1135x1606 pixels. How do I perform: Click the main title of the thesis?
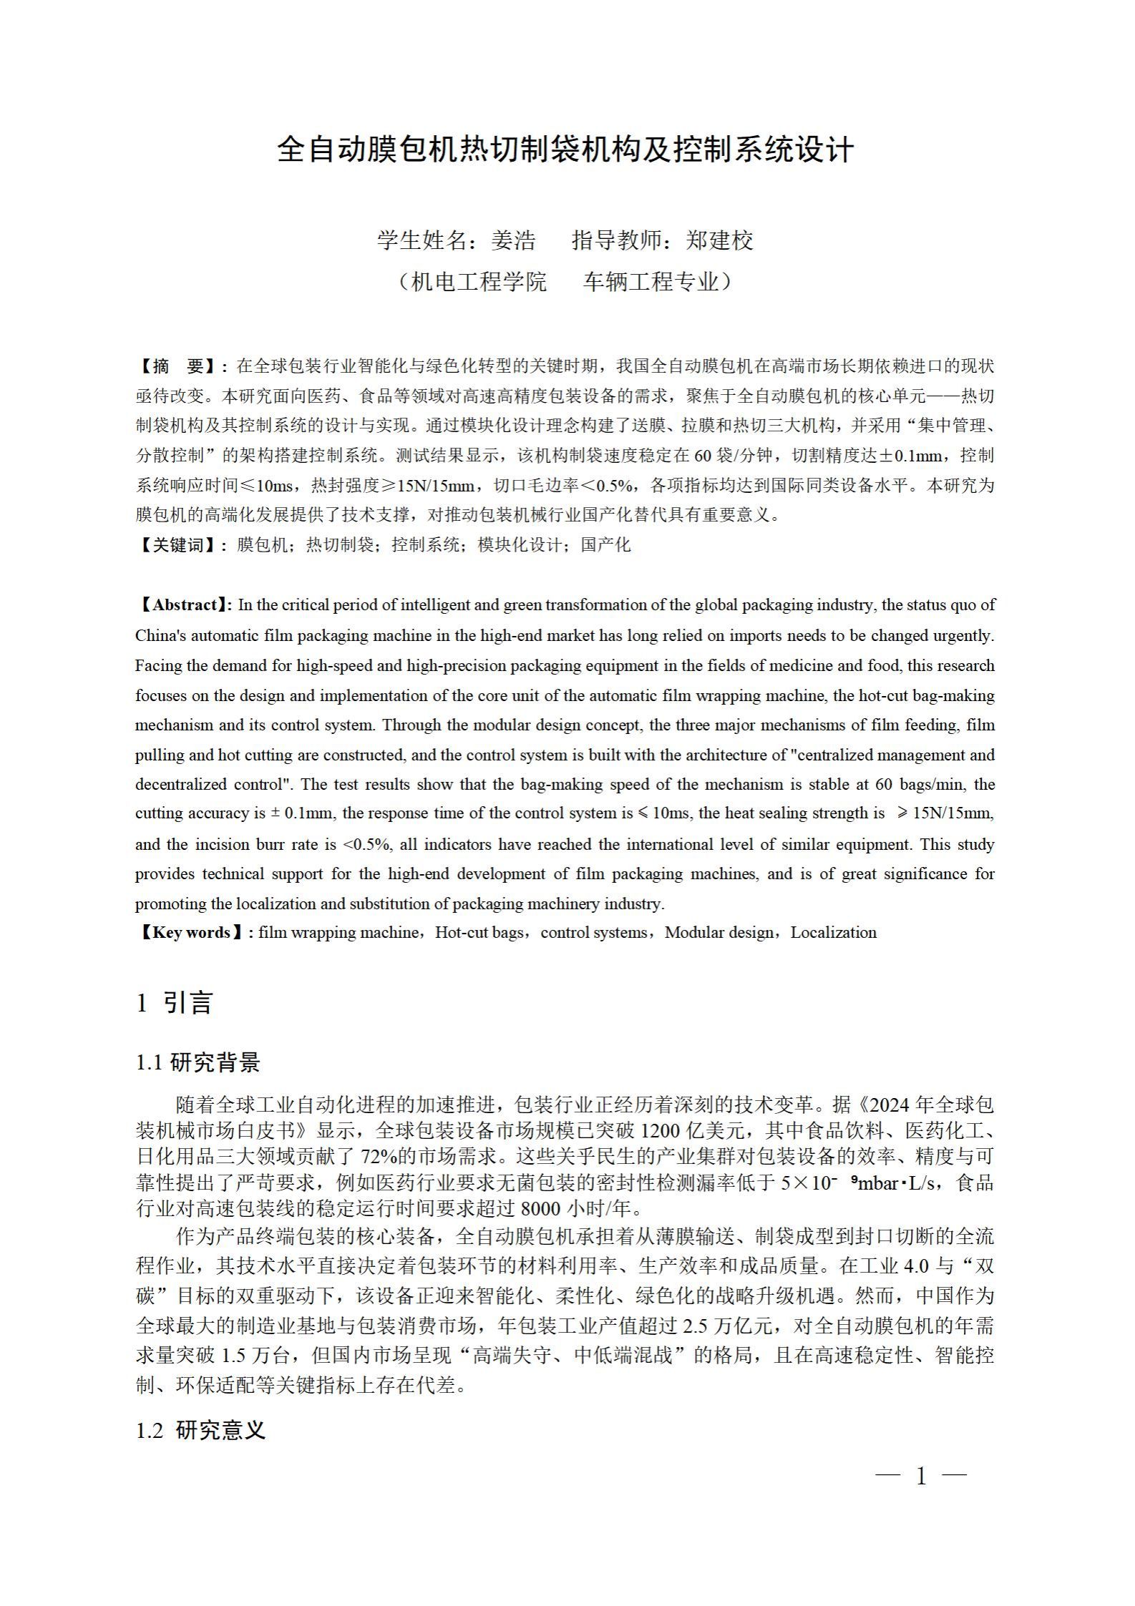pyautogui.click(x=565, y=150)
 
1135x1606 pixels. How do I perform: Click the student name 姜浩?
pyautogui.click(x=513, y=240)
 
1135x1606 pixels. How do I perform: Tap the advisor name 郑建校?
pyautogui.click(x=719, y=240)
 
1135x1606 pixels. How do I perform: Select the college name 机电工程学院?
pyautogui.click(x=479, y=282)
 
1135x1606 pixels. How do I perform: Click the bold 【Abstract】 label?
pyautogui.click(x=184, y=605)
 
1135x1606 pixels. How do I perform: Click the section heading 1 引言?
pyautogui.click(x=175, y=1003)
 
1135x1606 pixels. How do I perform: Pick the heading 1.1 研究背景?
pyautogui.click(x=198, y=1063)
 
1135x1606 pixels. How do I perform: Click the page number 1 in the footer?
pyautogui.click(x=922, y=1475)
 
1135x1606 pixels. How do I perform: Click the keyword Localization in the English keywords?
pyautogui.click(x=833, y=933)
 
